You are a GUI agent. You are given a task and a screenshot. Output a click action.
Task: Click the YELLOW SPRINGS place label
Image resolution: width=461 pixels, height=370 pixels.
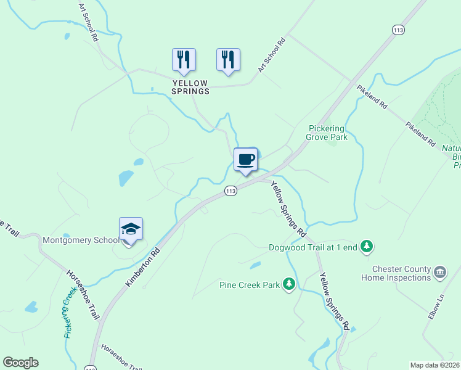190,87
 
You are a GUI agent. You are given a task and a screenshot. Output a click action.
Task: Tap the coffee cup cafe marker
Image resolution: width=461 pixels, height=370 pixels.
245,160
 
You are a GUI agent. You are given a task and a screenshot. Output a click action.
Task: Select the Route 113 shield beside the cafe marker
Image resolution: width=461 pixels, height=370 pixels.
230,191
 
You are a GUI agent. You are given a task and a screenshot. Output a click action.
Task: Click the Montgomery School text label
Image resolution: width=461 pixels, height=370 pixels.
81,240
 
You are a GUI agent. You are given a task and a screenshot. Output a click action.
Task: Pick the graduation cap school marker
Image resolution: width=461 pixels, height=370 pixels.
131,230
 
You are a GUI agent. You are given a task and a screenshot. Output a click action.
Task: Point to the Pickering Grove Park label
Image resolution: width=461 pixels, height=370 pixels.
328,133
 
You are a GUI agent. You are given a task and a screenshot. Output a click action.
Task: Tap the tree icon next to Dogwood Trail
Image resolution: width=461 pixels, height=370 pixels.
367,247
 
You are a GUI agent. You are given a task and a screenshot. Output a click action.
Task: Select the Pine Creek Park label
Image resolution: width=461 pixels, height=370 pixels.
250,285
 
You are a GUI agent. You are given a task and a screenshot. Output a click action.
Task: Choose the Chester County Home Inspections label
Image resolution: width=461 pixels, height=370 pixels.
401,273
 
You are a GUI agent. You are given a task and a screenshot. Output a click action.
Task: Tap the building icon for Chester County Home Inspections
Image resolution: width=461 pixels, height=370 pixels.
440,272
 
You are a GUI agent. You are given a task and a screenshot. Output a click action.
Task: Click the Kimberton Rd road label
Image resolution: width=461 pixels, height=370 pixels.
143,267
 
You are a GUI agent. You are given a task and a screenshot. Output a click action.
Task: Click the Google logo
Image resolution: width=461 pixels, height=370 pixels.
20,363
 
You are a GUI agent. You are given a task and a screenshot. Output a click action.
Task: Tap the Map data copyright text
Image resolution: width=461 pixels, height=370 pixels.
435,365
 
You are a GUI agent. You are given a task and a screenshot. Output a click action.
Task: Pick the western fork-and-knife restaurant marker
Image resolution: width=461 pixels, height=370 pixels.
184,60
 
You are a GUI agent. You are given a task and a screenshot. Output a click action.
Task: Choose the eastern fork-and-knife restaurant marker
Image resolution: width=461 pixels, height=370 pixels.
228,60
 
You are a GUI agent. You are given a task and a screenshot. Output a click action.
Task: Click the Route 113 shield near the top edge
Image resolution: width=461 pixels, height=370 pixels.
398,30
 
